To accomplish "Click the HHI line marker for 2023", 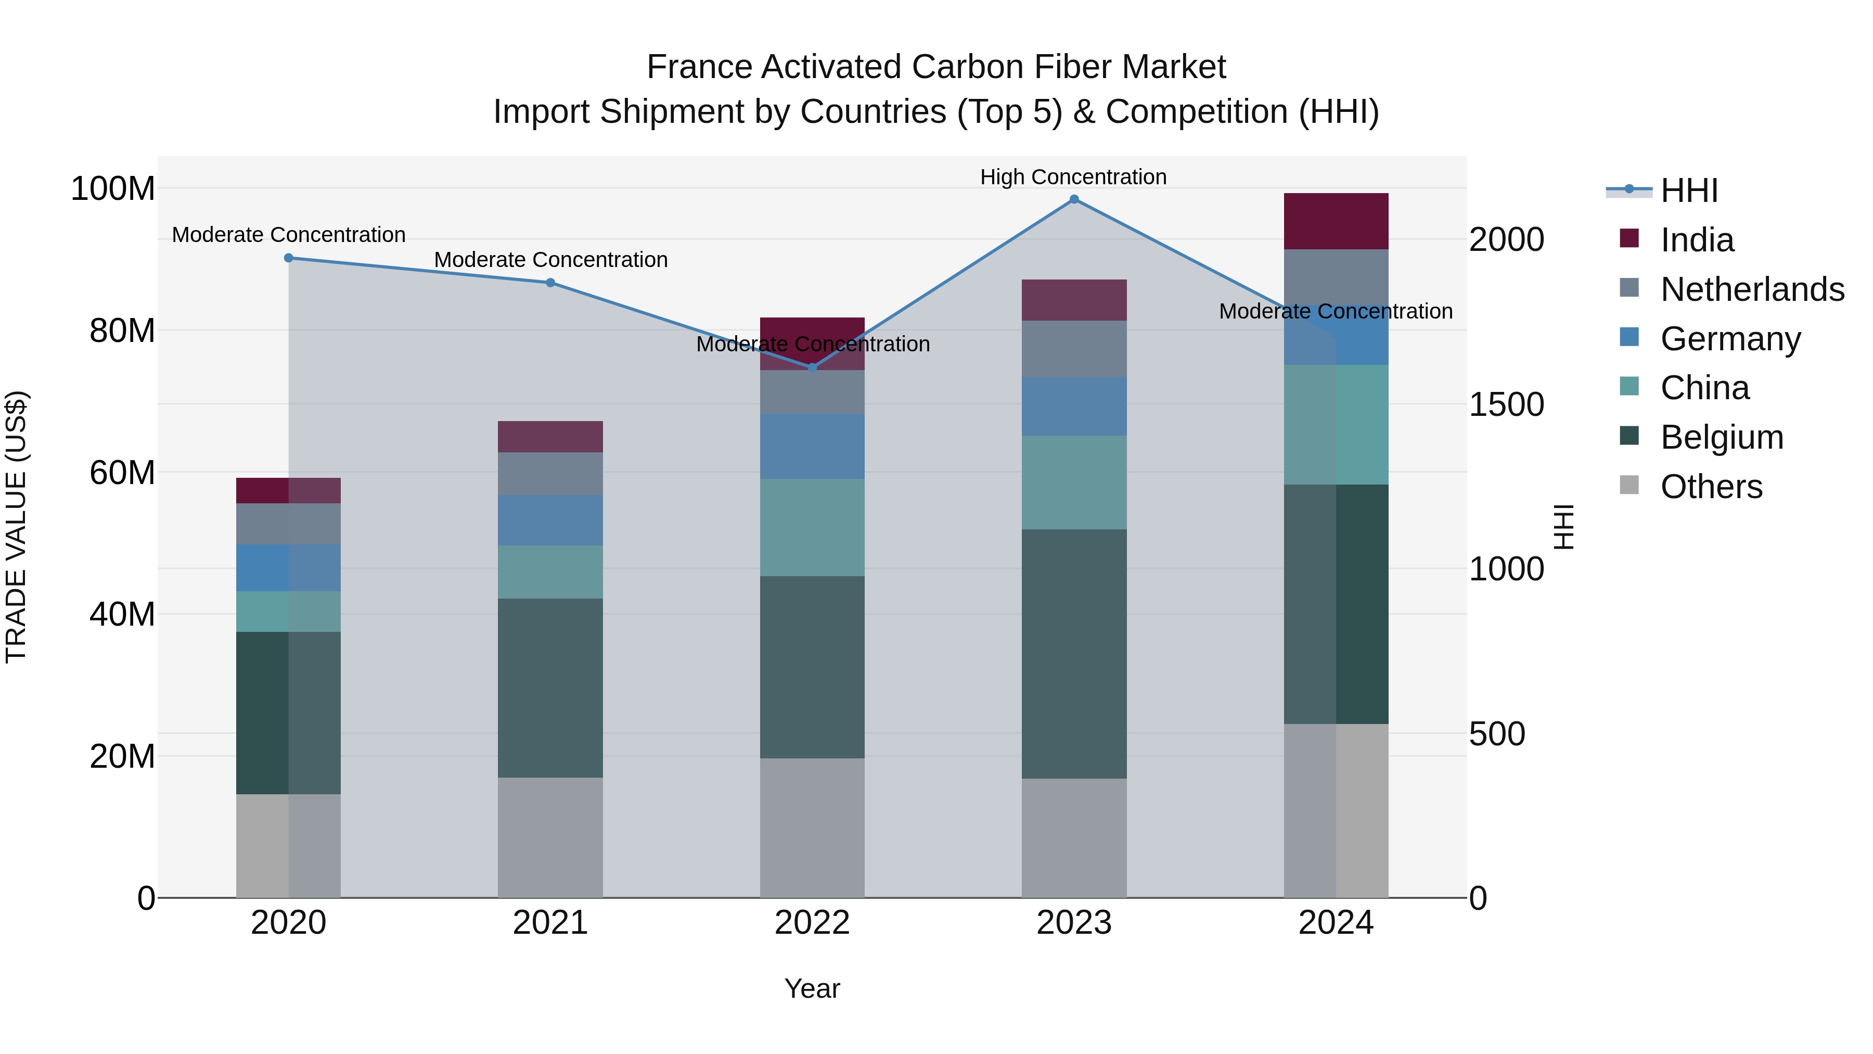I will point(1074,199).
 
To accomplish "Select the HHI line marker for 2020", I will point(289,258).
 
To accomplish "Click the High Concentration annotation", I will point(1073,177).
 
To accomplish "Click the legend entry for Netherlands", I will point(1752,289).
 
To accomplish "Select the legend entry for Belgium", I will point(1721,437).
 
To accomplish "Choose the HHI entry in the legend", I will point(1688,191).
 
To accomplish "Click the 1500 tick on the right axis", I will point(1506,404).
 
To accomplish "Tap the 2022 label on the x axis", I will point(812,923).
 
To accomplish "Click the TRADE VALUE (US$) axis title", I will point(16,527).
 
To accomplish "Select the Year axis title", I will point(812,988).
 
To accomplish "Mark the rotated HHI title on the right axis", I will point(1563,527).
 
